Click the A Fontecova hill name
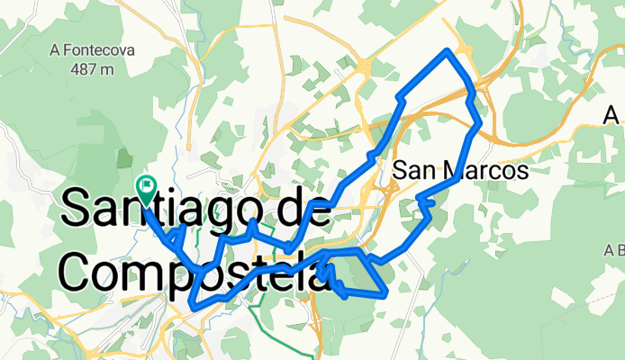(93, 50)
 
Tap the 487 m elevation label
(94, 68)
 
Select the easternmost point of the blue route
(480, 121)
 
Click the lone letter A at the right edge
(612, 115)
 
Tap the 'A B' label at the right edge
(615, 249)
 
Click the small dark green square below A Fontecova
(124, 159)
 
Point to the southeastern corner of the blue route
(385, 293)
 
